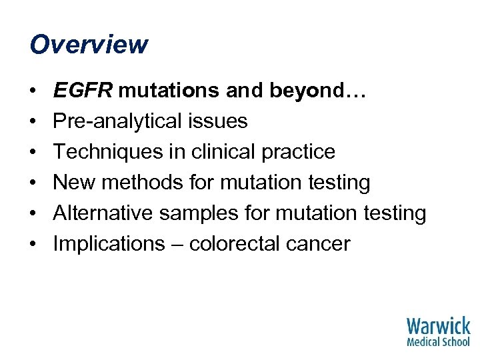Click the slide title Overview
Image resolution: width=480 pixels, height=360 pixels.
[x=89, y=45]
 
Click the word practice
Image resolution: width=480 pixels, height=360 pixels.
[x=297, y=152]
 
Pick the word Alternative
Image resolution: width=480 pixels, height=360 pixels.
[x=102, y=213]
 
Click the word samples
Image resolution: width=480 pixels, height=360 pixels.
[x=196, y=213]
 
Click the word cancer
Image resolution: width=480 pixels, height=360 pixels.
[x=318, y=244]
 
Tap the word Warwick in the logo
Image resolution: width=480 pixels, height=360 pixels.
[x=438, y=327]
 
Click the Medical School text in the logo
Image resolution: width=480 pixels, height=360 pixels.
[x=438, y=342]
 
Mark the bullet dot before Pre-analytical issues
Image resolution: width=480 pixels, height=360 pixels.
[x=33, y=121]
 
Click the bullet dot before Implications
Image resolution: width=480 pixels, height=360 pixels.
[x=33, y=244]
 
